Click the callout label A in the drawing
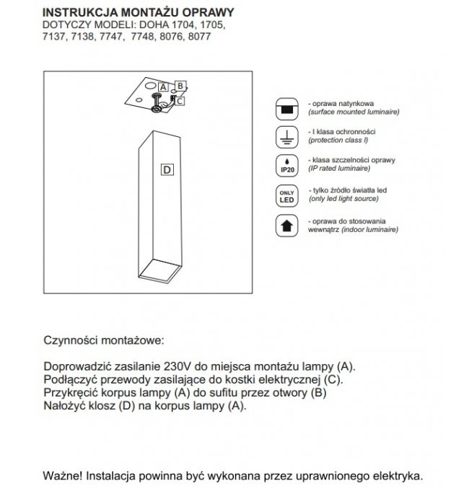163,86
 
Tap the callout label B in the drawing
180,85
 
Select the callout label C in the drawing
179,101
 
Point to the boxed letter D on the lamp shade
167,170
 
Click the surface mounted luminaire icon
286,109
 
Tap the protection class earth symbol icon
286,137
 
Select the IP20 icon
286,165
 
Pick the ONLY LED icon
286,195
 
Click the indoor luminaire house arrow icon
286,224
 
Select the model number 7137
56,36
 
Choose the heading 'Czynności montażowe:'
105,339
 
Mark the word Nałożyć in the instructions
66,407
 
